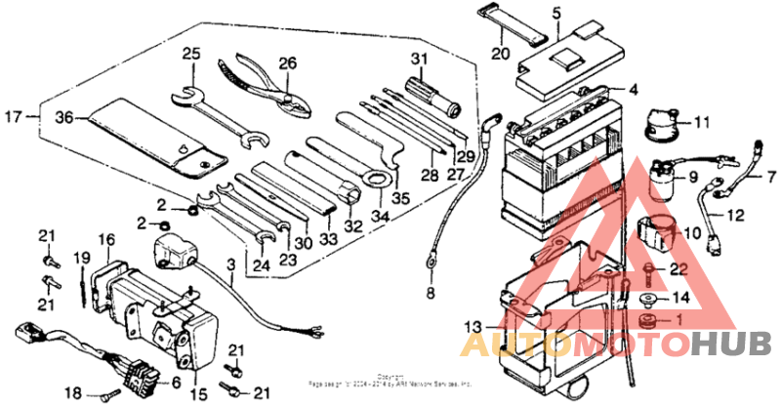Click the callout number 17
15,117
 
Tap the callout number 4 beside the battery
634,91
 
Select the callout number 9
694,178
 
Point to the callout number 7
769,180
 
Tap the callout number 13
472,326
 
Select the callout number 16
106,238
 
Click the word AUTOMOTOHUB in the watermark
615,344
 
